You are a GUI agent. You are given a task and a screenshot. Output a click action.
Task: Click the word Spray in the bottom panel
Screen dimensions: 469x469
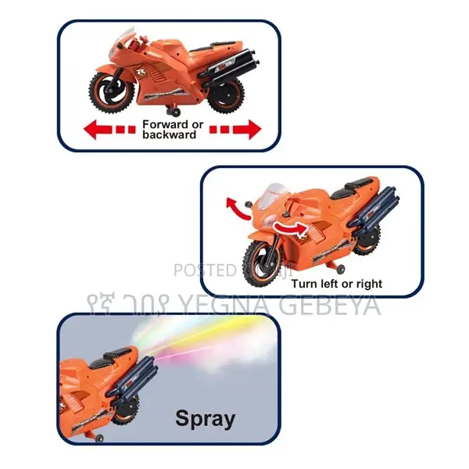click(x=205, y=418)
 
